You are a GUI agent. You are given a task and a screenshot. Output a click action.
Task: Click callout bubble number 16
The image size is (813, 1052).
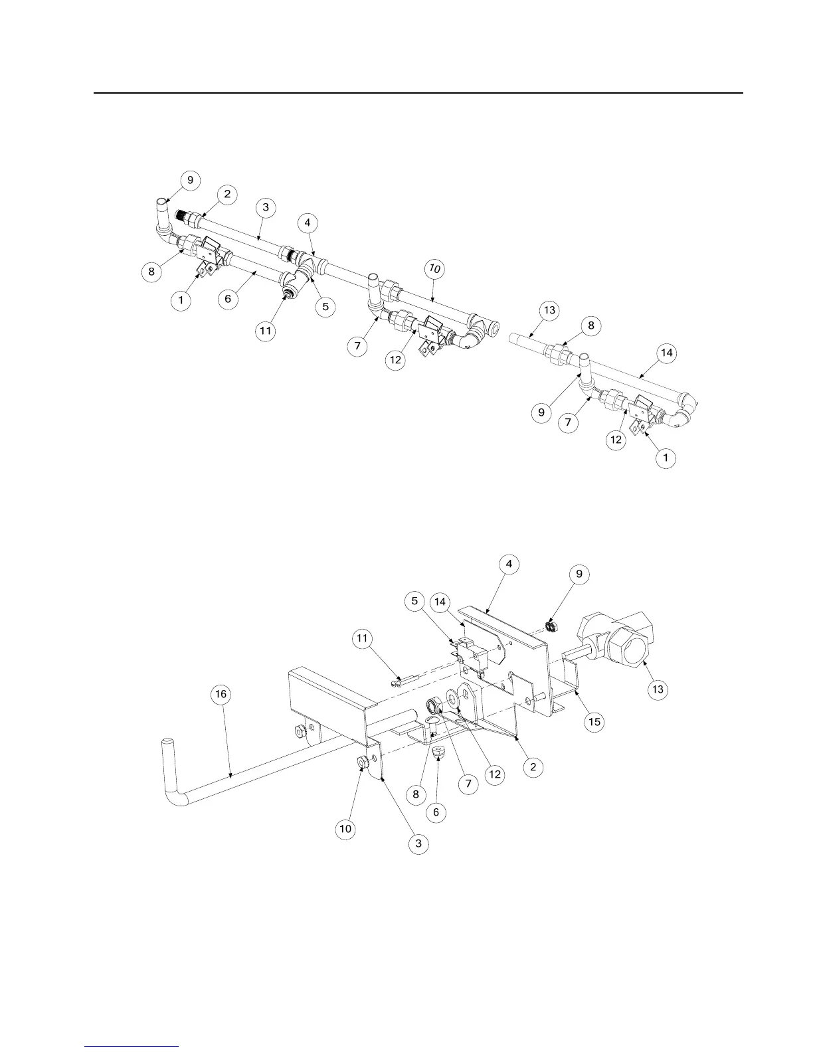click(x=220, y=694)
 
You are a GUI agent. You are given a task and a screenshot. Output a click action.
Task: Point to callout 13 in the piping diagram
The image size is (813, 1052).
click(x=549, y=311)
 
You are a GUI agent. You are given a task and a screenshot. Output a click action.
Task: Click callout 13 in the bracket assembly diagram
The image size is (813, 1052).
click(x=658, y=689)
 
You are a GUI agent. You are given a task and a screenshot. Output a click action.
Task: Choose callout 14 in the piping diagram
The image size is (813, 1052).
click(x=667, y=353)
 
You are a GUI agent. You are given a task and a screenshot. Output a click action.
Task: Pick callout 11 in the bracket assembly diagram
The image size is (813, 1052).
click(x=362, y=639)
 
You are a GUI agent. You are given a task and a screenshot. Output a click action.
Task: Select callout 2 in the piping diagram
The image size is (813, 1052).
click(x=227, y=194)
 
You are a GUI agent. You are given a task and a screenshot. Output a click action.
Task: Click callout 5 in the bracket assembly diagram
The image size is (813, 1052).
click(x=415, y=602)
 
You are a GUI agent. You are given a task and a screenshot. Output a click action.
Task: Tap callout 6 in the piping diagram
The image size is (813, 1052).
click(x=228, y=299)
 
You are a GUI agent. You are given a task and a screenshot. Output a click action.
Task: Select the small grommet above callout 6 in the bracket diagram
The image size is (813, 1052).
click(x=437, y=752)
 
